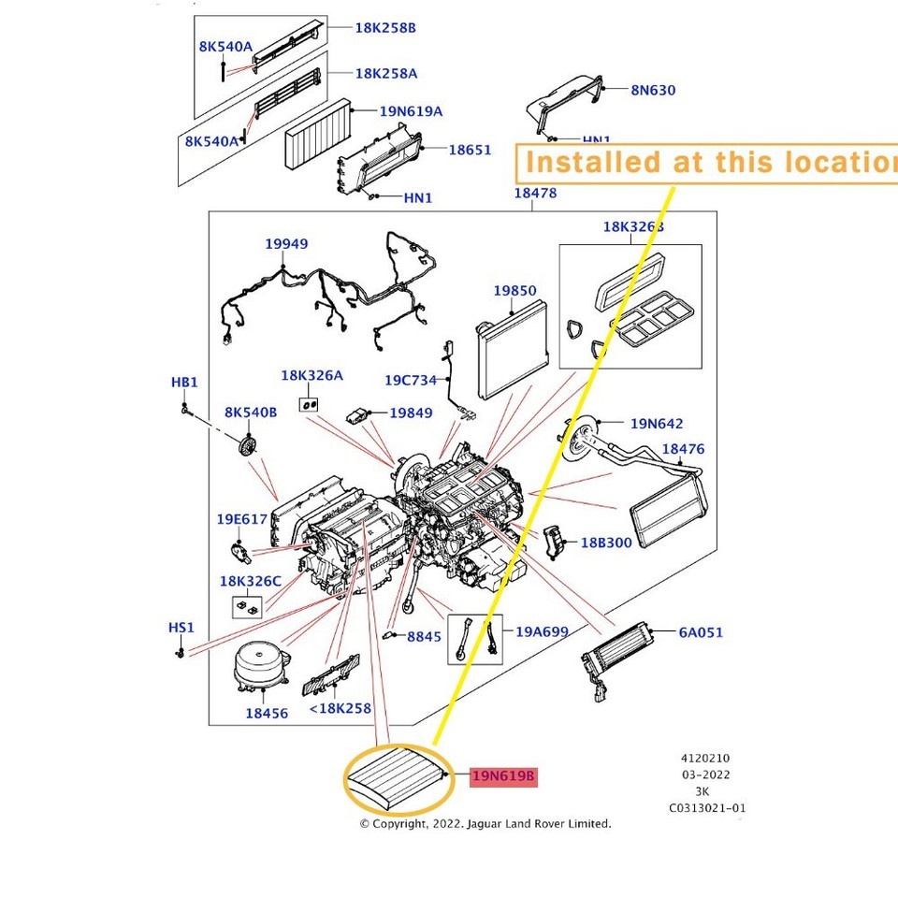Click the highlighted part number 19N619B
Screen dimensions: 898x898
click(503, 776)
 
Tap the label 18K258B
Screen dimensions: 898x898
click(385, 27)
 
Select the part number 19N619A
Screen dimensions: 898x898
click(411, 111)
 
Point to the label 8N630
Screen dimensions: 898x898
click(653, 90)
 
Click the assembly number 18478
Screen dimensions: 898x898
click(535, 193)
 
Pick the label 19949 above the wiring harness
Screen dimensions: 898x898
click(286, 243)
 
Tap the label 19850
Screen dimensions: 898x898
click(514, 290)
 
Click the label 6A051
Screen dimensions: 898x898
click(701, 632)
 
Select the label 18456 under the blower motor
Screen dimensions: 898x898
click(267, 713)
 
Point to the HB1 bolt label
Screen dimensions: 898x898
click(184, 382)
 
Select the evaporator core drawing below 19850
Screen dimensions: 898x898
click(512, 349)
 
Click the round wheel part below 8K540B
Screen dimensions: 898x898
click(247, 445)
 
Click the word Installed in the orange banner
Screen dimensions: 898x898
click(593, 162)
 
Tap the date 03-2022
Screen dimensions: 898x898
click(705, 775)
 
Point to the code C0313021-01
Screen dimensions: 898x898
click(707, 808)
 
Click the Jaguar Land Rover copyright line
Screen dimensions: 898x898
click(485, 823)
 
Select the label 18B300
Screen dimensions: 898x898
click(606, 543)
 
